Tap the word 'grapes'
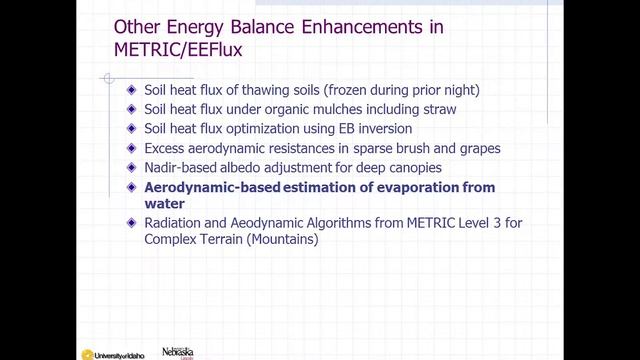[x=474, y=148]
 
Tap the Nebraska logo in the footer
[x=177, y=352]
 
